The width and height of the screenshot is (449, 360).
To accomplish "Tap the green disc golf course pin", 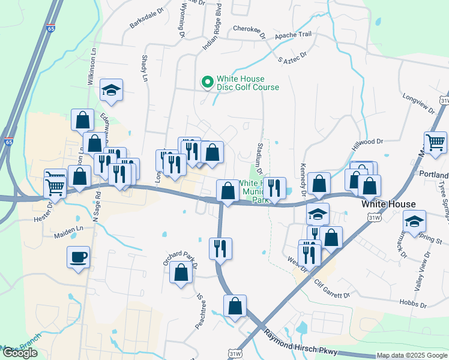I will [208, 82].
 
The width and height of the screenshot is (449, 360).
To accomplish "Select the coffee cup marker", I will [79, 258].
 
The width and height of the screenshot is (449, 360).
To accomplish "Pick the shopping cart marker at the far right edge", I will [435, 143].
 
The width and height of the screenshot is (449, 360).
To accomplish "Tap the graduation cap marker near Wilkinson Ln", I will [112, 91].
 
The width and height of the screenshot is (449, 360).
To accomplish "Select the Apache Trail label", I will [294, 35].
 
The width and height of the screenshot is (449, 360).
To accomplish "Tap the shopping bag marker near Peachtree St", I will [235, 306].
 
